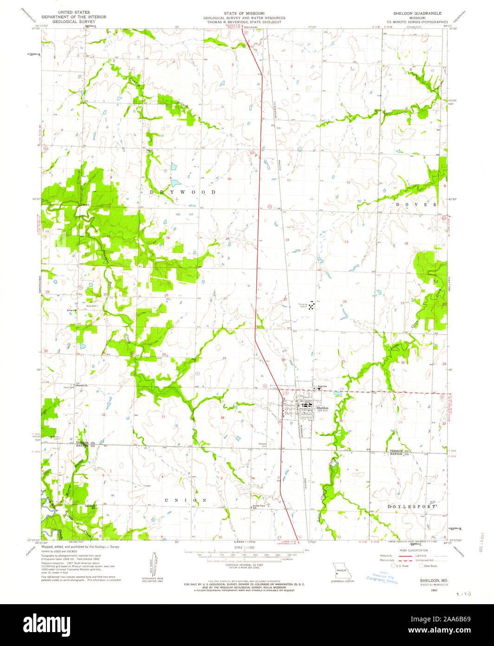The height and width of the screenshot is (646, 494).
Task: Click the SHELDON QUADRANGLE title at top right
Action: pos(416,13)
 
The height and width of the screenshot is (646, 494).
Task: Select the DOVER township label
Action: pos(416,204)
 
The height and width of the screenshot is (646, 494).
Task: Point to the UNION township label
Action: pos(186,500)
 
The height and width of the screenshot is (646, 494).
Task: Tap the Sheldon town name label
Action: pos(322,408)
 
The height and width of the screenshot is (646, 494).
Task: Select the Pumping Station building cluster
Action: pos(312,305)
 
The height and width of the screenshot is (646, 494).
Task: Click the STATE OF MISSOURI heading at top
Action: pos(244,13)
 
